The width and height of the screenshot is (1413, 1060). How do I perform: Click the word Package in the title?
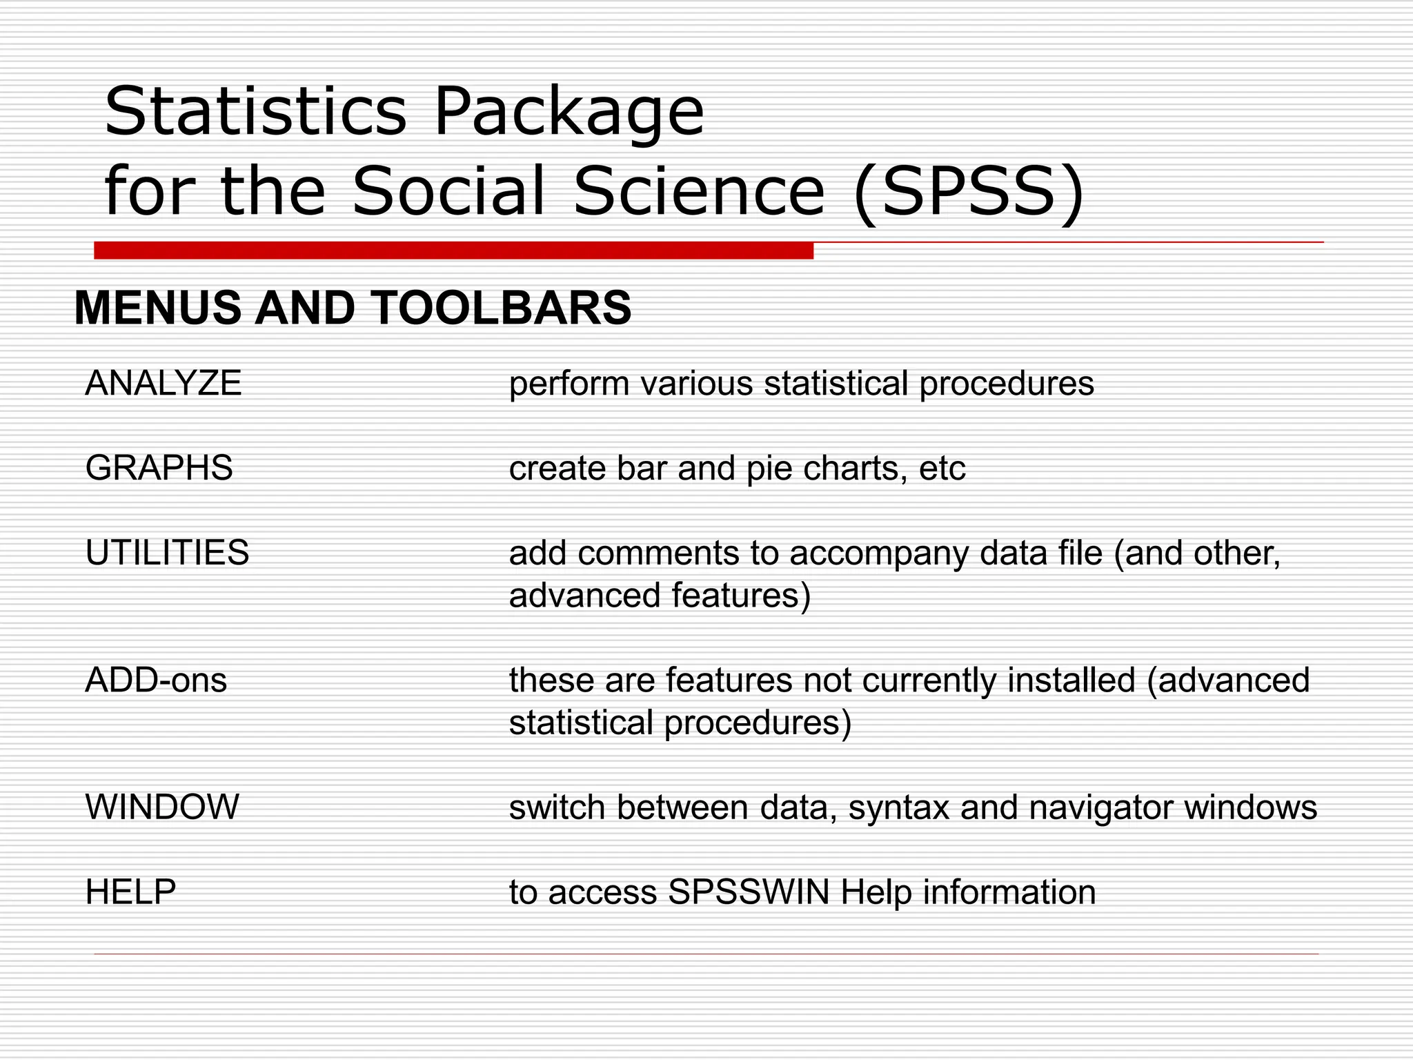[568, 112]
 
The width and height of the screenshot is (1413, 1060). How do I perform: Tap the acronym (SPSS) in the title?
[969, 190]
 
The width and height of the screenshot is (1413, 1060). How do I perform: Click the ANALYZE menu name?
[164, 384]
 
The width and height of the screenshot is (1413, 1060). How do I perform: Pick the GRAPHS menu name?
[159, 469]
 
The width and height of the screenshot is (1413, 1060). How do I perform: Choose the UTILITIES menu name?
[167, 553]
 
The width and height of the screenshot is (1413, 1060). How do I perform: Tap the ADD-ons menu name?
[156, 681]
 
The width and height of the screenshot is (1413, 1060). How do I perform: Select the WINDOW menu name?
[162, 807]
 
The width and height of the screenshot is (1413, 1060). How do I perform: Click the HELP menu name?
[130, 892]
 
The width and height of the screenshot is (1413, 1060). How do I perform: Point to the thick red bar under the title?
[453, 251]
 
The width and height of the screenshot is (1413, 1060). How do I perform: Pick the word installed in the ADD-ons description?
[1071, 680]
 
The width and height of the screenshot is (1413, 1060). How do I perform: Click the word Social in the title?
[449, 190]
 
